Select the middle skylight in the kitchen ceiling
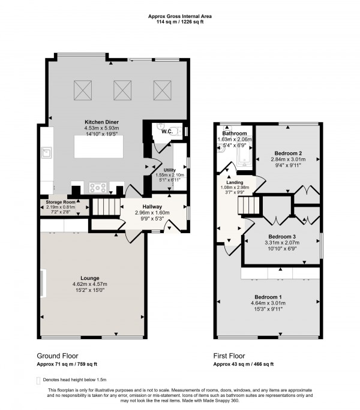pos(122,90)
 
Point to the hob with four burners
pos(98,188)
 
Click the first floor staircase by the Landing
pos(247,207)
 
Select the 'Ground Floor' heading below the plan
pos(58,355)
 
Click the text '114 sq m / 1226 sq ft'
pos(180,22)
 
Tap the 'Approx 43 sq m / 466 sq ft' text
pos(244,364)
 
